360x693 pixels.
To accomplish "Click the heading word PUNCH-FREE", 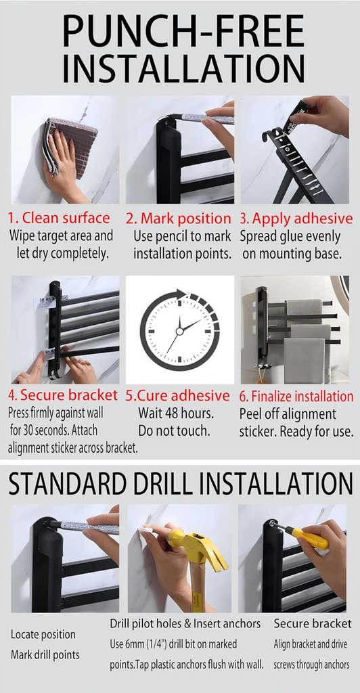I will pyautogui.click(x=183, y=32).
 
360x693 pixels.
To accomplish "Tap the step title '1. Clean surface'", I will pyautogui.click(x=59, y=218).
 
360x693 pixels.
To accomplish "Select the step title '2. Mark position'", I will pyautogui.click(x=178, y=219).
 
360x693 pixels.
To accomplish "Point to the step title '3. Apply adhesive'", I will pyautogui.click(x=296, y=219).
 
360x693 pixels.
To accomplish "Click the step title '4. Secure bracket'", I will pyautogui.click(x=62, y=395).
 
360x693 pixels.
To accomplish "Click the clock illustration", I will pyautogui.click(x=179, y=330).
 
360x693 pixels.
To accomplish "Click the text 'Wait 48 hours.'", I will pyautogui.click(x=176, y=413).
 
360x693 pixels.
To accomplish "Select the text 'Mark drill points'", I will pyautogui.click(x=45, y=654).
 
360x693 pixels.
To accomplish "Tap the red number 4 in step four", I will pyautogui.click(x=12, y=395).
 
